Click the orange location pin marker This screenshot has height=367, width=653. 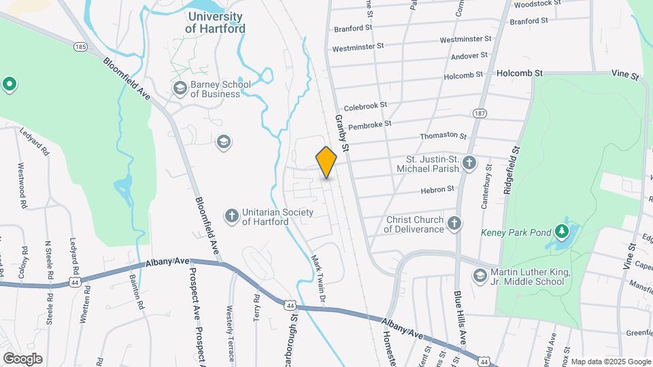[326, 162]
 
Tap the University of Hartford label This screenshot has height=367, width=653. [215, 22]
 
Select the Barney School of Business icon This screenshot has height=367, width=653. [180, 88]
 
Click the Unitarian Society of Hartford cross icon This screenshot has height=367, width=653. [231, 215]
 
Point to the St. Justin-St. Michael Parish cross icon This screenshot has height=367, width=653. [469, 163]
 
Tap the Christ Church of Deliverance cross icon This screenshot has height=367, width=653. [454, 223]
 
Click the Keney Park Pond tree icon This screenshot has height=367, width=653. [562, 233]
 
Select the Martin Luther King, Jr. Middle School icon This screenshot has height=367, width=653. [480, 275]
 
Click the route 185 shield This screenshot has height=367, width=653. [81, 47]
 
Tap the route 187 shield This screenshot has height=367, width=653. [479, 112]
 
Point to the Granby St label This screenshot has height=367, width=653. [341, 133]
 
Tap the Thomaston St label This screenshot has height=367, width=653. [443, 136]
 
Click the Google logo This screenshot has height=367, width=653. [22, 359]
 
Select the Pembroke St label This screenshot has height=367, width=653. [369, 124]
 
